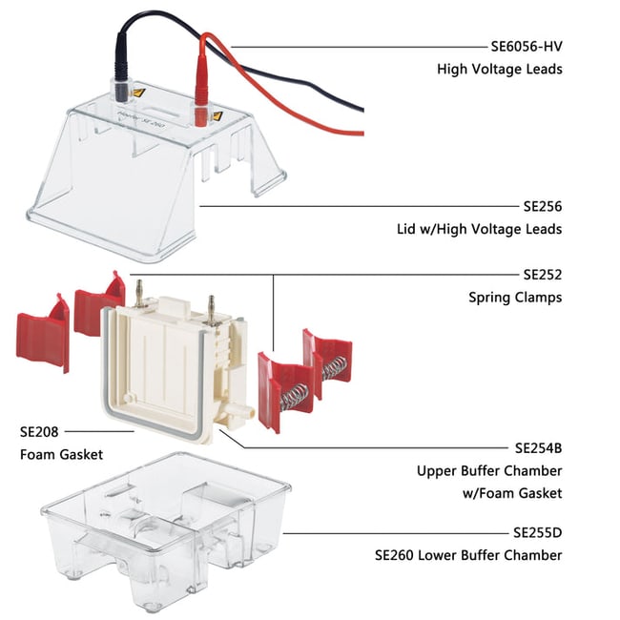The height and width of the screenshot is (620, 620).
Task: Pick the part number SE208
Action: pos(39,431)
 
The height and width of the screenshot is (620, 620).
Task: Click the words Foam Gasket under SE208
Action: pos(61,454)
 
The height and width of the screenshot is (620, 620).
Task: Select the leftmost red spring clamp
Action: pos(42,329)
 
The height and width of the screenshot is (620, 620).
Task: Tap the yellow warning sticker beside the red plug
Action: pos(217,117)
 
